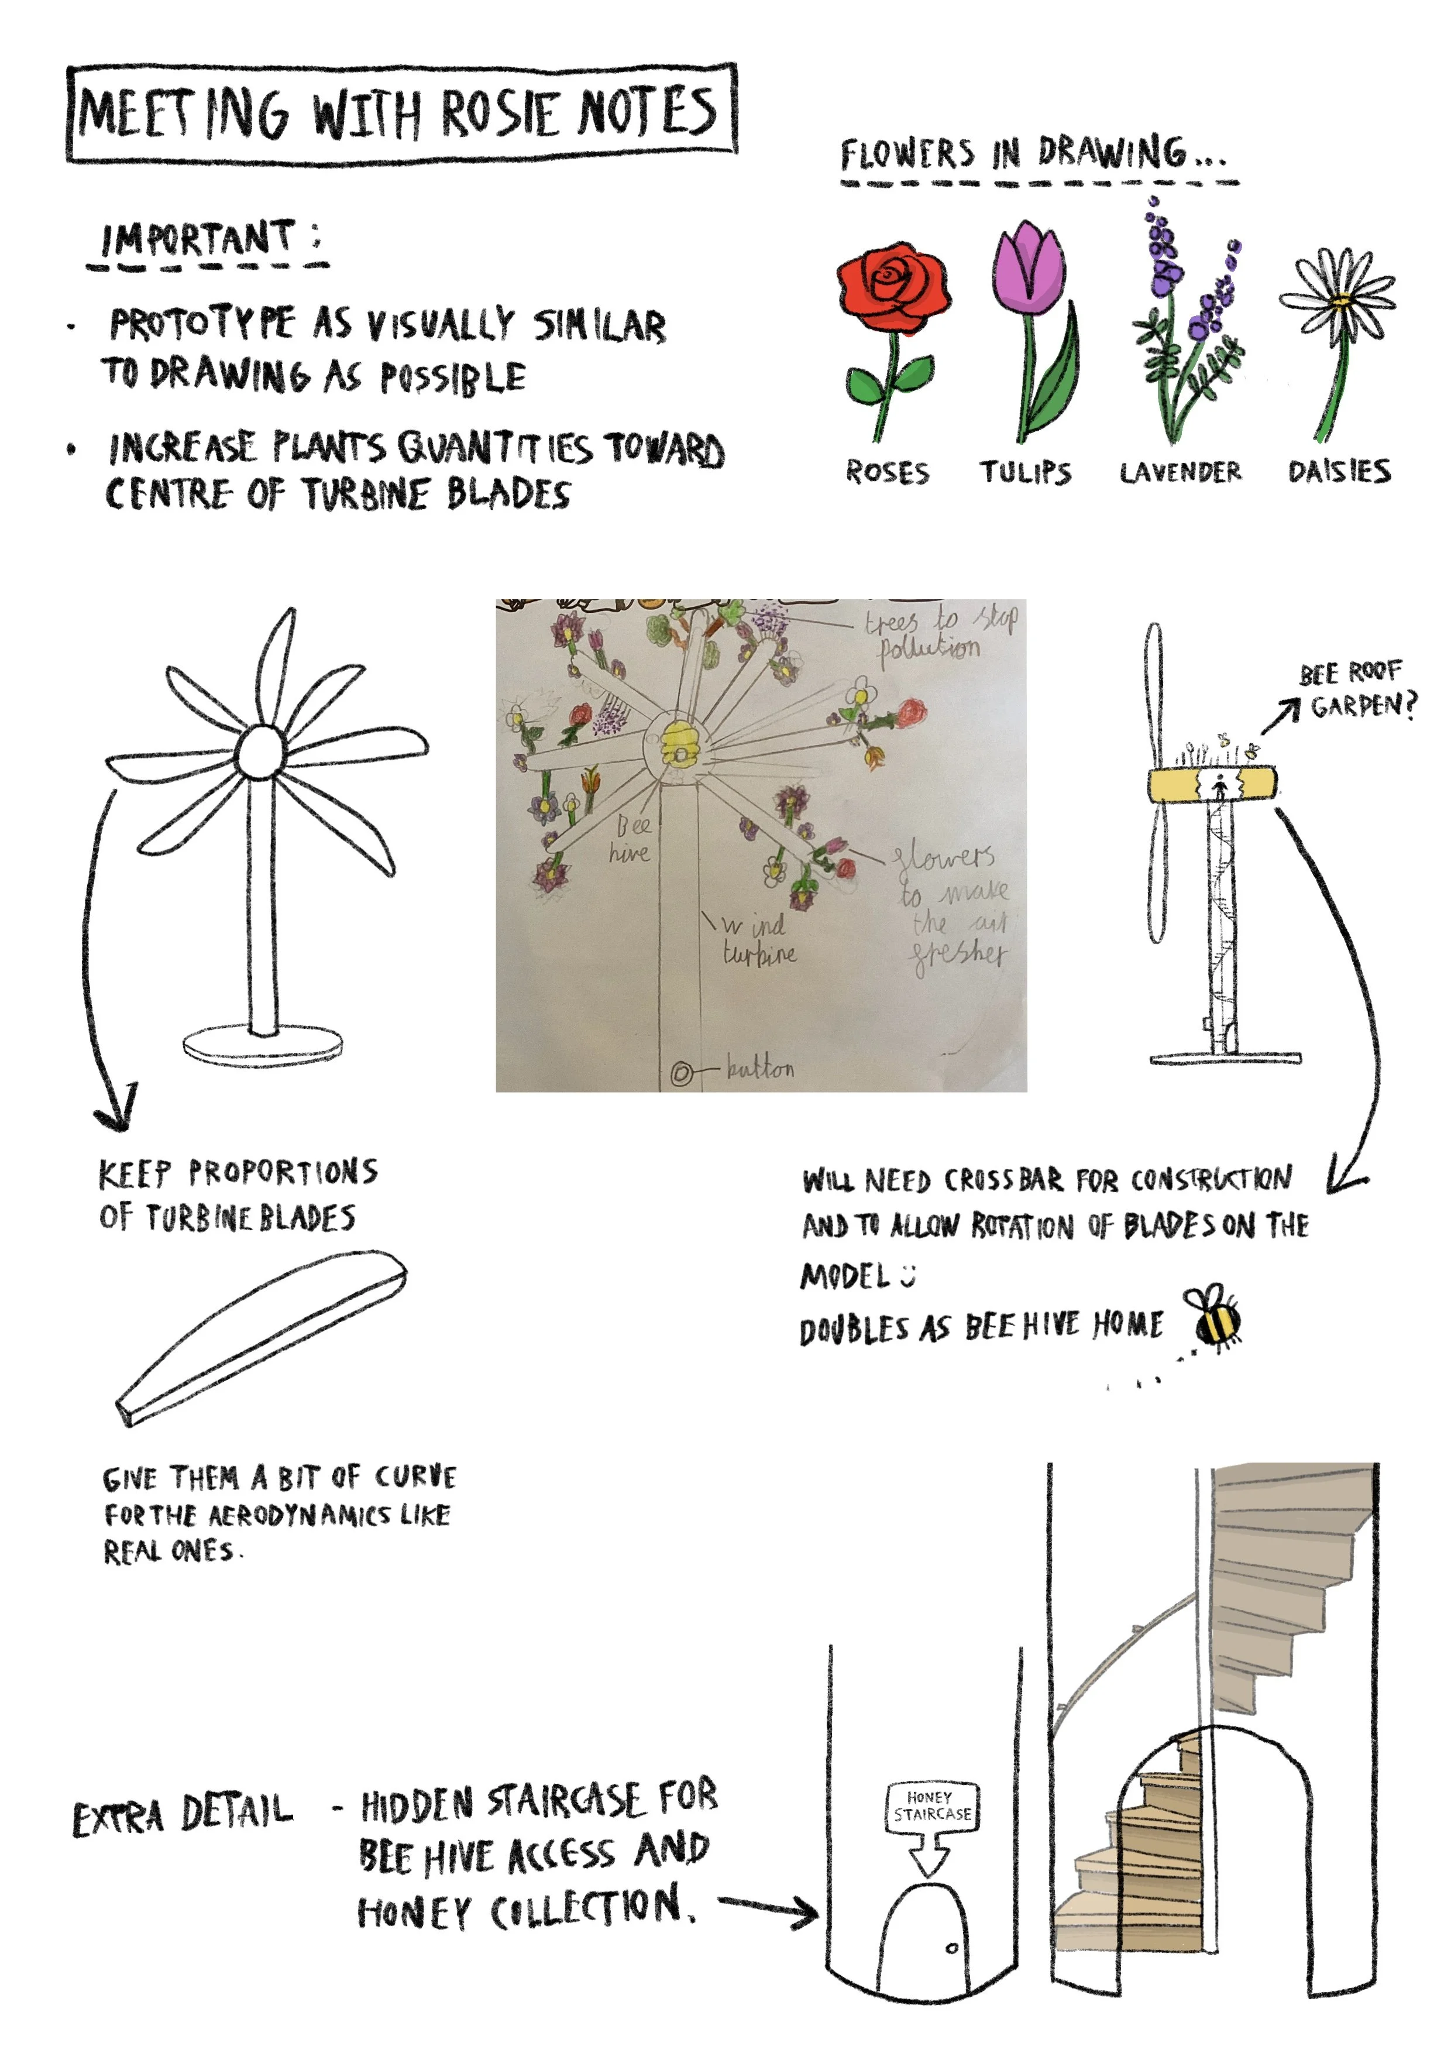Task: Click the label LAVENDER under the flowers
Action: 1180,472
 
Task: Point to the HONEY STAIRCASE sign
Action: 931,1806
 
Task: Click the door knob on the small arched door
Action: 951,1948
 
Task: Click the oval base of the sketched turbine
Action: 262,1045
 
